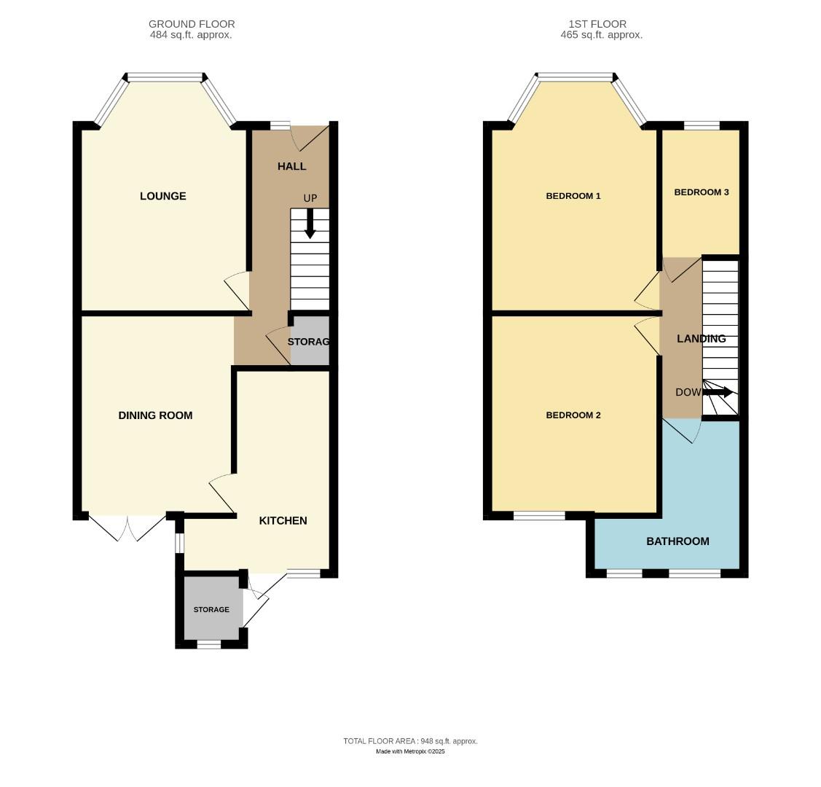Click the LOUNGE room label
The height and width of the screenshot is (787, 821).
click(163, 196)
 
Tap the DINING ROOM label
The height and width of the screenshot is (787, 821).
click(155, 415)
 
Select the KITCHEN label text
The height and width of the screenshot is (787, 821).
click(283, 520)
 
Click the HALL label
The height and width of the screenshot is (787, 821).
click(291, 166)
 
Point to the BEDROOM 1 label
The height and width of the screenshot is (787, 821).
click(573, 196)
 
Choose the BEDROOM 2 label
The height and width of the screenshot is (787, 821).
click(573, 415)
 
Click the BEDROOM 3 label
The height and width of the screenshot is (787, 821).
click(701, 192)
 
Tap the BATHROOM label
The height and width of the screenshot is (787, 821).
click(677, 541)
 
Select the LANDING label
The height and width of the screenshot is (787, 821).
click(701, 339)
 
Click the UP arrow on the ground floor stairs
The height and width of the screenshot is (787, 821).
click(310, 224)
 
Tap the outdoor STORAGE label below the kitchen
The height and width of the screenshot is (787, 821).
click(211, 609)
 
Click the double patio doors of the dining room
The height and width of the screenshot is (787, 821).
click(127, 526)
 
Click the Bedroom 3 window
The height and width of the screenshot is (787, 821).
click(702, 126)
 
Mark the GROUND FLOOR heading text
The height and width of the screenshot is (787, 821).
click(192, 24)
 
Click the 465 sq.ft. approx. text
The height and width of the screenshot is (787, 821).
click(601, 35)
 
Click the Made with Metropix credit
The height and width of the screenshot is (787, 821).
click(410, 751)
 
